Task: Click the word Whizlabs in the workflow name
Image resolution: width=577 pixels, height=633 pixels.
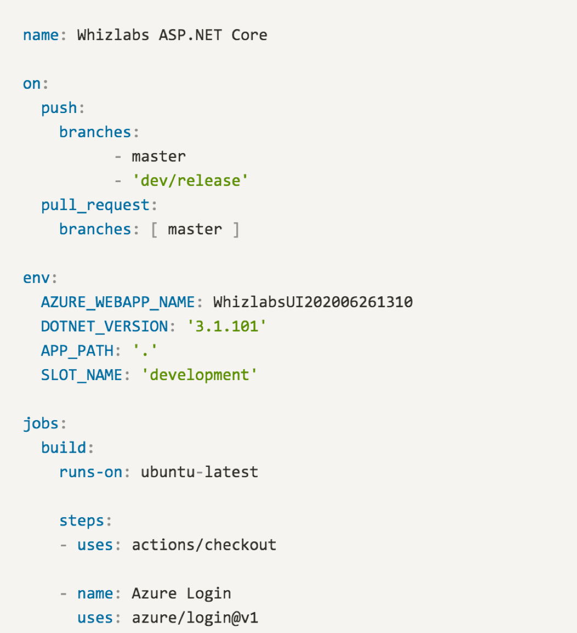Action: click(x=113, y=35)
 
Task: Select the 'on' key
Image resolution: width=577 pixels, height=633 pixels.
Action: click(x=32, y=84)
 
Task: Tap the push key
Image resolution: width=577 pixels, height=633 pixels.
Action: click(x=59, y=108)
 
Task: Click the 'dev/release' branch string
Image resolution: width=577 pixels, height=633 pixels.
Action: click(x=190, y=180)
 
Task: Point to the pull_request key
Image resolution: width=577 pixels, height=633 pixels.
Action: click(x=95, y=205)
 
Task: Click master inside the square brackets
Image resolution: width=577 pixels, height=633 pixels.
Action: click(x=195, y=229)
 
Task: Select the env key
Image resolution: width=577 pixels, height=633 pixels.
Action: click(x=36, y=278)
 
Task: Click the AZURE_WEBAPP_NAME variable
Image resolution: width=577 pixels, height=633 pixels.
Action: click(x=118, y=302)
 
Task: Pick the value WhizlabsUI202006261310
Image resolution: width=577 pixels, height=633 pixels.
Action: click(x=313, y=302)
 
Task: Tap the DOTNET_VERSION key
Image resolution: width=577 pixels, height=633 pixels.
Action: click(x=104, y=326)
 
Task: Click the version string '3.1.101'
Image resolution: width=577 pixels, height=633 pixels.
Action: click(x=226, y=326)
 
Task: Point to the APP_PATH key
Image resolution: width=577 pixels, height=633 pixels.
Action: click(x=77, y=351)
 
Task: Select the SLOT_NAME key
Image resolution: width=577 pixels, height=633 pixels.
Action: click(x=82, y=375)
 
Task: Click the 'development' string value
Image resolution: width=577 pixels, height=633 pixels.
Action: click(x=199, y=375)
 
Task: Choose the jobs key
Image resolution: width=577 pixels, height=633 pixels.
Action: click(x=41, y=423)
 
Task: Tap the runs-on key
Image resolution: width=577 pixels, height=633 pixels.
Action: click(x=90, y=472)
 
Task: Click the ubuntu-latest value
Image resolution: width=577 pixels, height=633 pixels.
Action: click(x=200, y=472)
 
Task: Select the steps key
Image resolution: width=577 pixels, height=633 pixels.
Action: click(x=82, y=521)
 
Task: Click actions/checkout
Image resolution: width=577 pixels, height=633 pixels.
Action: click(x=204, y=545)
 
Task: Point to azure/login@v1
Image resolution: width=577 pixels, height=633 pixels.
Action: click(x=195, y=618)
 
